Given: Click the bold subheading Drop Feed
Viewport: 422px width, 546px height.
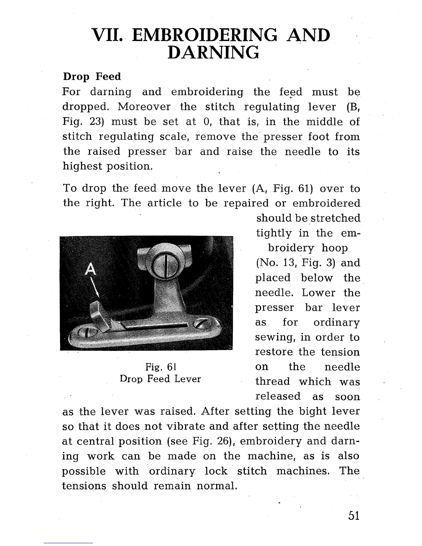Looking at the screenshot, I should [91, 76].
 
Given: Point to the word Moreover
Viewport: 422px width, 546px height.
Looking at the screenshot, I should [144, 107].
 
